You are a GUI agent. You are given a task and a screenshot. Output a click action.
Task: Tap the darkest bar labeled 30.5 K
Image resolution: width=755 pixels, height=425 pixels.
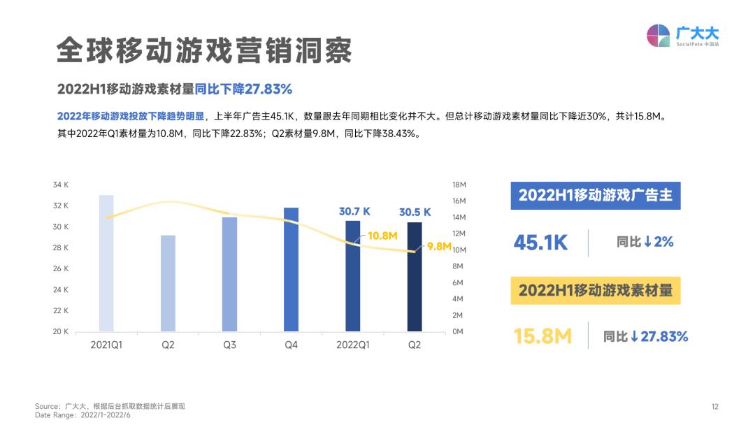click(415, 277)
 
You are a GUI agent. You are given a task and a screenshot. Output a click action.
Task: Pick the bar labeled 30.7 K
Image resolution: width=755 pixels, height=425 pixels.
click(353, 276)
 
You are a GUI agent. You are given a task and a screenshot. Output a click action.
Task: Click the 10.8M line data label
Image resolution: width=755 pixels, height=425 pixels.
click(382, 236)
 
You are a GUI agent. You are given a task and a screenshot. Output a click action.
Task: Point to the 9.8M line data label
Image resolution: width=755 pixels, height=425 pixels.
click(439, 246)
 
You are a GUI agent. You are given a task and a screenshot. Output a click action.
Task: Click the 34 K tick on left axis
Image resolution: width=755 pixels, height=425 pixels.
click(61, 185)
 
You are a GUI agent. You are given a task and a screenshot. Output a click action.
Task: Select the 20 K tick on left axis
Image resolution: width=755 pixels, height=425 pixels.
click(61, 331)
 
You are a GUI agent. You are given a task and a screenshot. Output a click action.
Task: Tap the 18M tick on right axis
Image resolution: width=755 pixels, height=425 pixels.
click(459, 185)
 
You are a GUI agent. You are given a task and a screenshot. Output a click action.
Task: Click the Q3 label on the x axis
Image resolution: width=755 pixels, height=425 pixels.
click(229, 345)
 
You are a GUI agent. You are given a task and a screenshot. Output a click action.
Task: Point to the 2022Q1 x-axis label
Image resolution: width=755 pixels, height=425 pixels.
click(353, 345)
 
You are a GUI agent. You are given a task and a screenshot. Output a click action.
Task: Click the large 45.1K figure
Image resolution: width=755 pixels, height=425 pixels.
click(540, 243)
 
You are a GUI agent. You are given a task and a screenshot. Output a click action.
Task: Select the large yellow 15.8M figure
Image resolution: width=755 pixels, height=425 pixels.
click(542, 336)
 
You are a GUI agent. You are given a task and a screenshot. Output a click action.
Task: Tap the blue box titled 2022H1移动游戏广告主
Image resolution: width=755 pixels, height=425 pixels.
click(595, 195)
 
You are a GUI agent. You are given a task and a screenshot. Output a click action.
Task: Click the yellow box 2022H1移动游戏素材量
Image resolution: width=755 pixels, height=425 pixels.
click(595, 289)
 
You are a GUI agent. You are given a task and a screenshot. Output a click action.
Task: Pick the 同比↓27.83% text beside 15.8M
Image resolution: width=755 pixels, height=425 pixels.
click(646, 336)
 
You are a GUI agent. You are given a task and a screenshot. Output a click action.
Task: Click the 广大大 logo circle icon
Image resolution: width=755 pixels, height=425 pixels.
click(658, 36)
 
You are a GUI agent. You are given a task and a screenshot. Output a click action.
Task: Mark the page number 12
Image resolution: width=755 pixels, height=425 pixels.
click(714, 407)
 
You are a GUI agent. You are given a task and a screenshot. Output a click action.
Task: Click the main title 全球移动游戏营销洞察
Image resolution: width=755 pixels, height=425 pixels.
click(203, 51)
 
